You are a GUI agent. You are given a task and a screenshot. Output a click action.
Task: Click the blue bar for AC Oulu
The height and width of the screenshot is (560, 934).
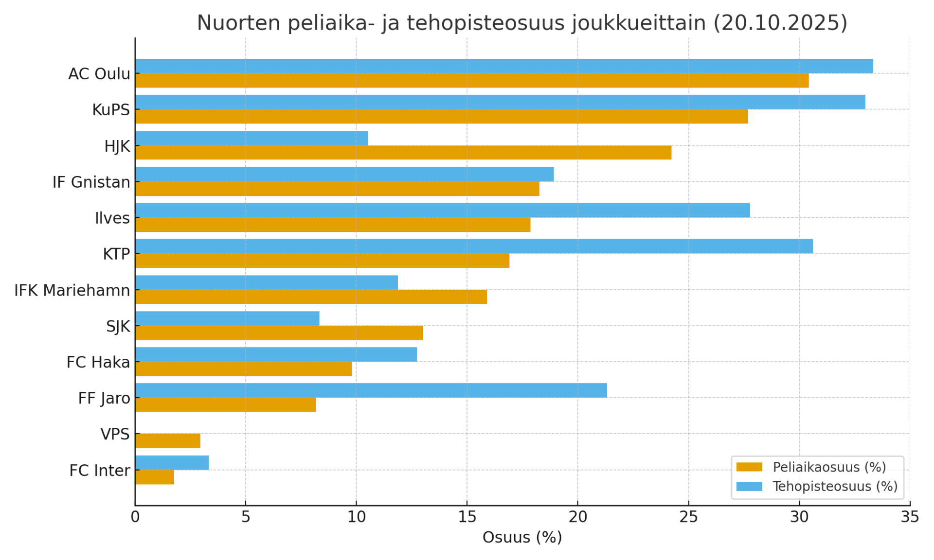503,66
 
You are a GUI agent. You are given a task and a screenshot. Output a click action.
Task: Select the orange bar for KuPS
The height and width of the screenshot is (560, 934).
441,117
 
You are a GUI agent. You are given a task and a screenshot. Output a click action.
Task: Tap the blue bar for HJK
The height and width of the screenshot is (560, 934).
251,138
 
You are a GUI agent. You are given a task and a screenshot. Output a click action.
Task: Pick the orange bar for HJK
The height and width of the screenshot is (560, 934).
403,153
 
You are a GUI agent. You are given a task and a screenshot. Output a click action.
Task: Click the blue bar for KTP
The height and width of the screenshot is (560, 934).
474,246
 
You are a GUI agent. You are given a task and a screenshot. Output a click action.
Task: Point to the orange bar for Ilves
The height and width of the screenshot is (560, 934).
333,225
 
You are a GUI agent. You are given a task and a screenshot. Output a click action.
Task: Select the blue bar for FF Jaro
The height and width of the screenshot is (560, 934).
371,390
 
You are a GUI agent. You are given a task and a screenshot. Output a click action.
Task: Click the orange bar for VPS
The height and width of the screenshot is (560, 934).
168,441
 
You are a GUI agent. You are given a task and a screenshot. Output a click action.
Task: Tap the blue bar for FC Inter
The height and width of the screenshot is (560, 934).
172,463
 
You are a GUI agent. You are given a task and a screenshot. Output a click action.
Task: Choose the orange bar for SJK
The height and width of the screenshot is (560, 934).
279,333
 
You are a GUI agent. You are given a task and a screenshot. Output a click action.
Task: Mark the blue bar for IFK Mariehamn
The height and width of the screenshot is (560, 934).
267,282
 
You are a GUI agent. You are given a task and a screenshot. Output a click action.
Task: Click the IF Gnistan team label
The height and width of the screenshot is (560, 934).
91,182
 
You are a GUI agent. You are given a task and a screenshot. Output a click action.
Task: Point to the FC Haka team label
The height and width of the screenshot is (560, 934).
98,363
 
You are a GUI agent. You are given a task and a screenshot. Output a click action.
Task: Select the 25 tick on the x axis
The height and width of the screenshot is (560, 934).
688,517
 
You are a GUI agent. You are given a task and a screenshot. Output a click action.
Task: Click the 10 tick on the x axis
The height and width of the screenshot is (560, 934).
356,517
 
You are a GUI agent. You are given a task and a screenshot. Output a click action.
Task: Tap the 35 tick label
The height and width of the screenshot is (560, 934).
910,517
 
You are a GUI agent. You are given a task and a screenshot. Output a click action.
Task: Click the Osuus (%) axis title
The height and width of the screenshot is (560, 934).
522,537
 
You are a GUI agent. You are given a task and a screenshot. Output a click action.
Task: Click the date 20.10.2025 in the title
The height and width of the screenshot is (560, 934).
780,23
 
